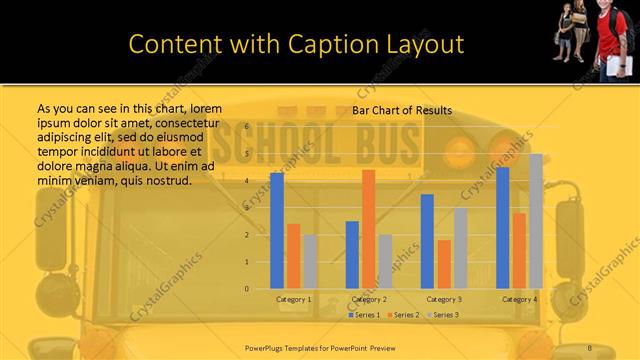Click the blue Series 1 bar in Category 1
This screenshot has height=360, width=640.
277,231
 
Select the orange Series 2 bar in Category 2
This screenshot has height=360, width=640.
369,229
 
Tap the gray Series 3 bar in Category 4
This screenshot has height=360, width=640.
536,221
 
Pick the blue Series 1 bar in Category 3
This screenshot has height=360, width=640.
427,241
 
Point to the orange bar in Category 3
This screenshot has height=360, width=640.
444,264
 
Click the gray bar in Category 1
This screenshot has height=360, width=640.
311,262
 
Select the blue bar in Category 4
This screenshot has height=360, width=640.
503,228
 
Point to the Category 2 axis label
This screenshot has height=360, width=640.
369,299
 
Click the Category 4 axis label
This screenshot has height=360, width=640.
519,299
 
